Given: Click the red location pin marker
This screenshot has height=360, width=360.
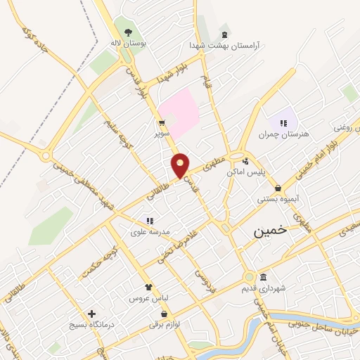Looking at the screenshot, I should point(181,165).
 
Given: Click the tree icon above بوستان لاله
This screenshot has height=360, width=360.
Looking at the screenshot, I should point(128,32).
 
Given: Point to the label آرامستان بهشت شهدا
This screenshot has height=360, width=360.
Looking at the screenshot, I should point(224,44).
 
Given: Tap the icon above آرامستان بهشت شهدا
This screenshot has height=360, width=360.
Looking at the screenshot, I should point(224,34).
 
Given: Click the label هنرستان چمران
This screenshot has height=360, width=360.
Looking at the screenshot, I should point(279,134).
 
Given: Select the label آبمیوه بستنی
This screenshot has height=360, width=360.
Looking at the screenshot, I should point(278,199).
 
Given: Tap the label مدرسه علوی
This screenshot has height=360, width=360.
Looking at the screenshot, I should point(148,231).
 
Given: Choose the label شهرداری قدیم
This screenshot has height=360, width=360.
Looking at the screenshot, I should point(264,288).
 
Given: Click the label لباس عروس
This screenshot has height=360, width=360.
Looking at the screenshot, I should point(148,298).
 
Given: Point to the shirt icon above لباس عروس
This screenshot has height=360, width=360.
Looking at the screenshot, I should point(148,287).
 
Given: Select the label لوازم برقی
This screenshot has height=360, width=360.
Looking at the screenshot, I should point(165,323).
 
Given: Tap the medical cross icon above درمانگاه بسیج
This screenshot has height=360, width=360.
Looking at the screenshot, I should point(91,313).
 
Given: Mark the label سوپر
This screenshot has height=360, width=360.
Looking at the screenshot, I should point(162,132).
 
